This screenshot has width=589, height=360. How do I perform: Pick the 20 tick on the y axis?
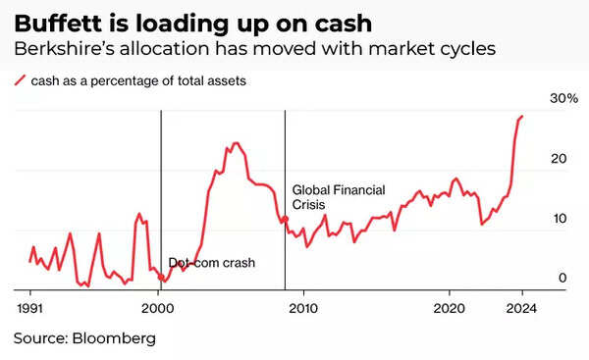point(559,159)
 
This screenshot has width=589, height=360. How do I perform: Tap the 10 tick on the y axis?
point(559,219)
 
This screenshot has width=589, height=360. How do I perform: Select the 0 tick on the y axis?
point(562,279)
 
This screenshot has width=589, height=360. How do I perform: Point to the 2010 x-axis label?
point(304,307)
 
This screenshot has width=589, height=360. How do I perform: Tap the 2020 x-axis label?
point(450,307)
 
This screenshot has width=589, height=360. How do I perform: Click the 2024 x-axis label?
point(521,307)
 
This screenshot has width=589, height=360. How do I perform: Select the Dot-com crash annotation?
point(211,263)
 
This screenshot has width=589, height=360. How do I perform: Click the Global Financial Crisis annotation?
point(339,197)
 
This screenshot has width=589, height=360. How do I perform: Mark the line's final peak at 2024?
point(522,117)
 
